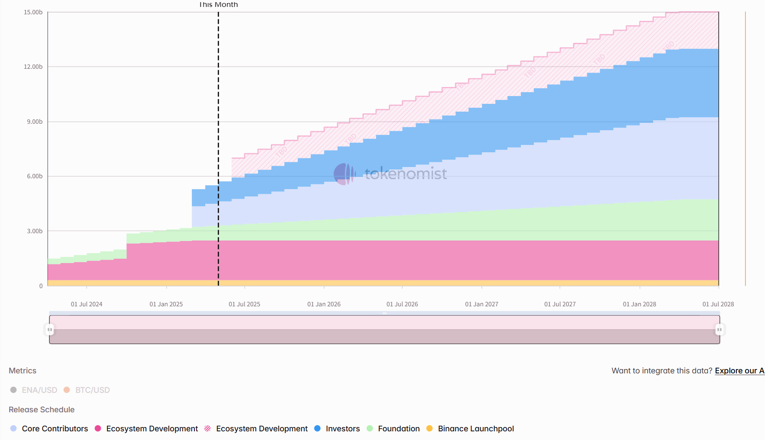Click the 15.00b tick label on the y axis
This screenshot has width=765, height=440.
coord(33,12)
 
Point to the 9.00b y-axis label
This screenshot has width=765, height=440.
coord(35,122)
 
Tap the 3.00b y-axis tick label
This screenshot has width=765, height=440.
coord(35,231)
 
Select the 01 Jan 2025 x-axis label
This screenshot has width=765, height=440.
coord(166,304)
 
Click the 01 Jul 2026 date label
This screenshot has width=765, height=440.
coord(402,304)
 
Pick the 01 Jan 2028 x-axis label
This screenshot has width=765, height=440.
coord(639,304)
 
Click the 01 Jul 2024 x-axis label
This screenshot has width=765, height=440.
coord(87,304)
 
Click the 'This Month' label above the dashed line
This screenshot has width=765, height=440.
coord(218,5)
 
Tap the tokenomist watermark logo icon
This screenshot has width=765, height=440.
coord(344,174)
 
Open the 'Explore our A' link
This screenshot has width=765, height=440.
coord(739,371)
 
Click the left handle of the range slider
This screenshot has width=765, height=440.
coord(50,330)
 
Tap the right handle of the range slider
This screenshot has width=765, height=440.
coord(719,330)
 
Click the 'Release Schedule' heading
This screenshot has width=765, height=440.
coord(42,409)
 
